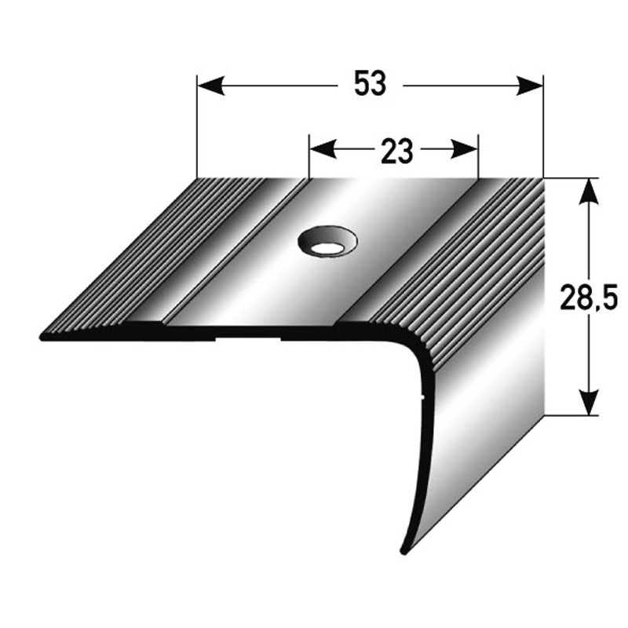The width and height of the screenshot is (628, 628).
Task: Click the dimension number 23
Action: (x=396, y=152)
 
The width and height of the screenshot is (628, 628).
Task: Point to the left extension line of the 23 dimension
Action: (x=309, y=161)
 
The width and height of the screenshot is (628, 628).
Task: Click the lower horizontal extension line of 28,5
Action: (x=573, y=414)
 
